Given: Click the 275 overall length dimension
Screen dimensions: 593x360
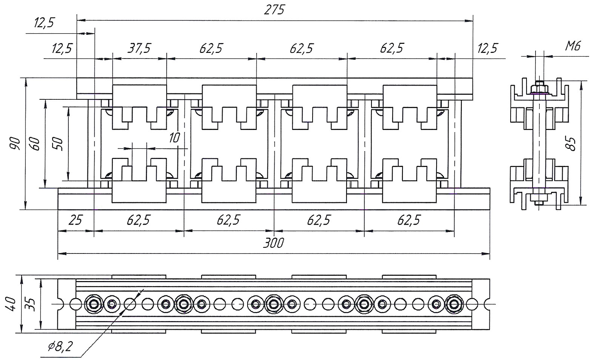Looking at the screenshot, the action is (x=274, y=10).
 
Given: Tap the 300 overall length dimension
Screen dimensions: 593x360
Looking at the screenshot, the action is (x=274, y=243).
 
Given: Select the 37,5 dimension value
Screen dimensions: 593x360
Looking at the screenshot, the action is (x=139, y=48).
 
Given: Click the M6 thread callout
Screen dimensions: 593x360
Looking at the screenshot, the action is (x=573, y=46).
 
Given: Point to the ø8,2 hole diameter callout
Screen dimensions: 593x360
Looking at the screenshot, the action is (x=60, y=346).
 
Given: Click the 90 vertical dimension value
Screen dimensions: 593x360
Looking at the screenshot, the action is (x=15, y=144).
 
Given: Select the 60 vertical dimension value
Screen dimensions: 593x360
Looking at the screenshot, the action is (x=35, y=144).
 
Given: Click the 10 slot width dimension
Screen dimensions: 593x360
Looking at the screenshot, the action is (x=175, y=138).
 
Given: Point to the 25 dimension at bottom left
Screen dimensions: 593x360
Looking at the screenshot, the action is (x=76, y=220).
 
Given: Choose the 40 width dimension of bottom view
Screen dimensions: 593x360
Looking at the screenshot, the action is (x=11, y=304).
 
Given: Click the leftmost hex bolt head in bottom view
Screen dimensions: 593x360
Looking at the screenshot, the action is (x=93, y=304).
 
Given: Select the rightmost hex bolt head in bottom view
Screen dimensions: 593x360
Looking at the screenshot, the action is (x=454, y=304).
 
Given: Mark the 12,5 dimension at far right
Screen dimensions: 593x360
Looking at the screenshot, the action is (x=488, y=48).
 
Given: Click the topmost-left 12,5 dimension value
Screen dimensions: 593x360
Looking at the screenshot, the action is (x=44, y=23).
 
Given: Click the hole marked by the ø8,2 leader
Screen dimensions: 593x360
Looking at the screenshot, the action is (x=130, y=304).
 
